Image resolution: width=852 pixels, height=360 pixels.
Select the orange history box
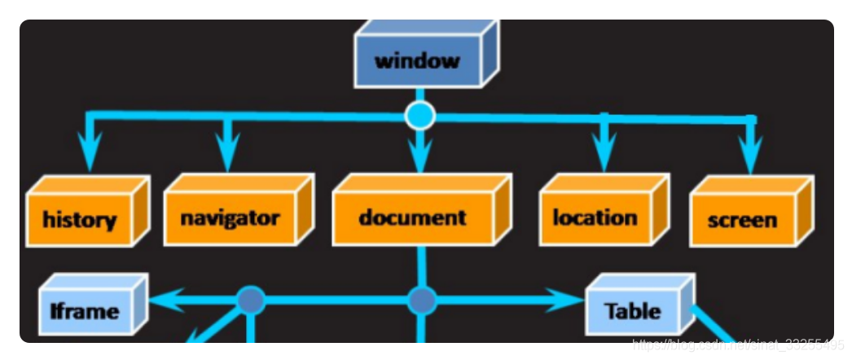(x=79, y=219)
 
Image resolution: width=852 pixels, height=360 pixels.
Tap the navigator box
(x=229, y=217)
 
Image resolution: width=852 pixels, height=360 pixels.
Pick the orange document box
(x=412, y=217)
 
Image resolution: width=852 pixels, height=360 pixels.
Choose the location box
(x=595, y=217)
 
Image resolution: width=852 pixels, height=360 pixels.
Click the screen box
(x=741, y=220)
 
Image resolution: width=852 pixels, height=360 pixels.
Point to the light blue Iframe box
(x=85, y=310)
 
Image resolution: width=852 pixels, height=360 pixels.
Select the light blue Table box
(x=632, y=310)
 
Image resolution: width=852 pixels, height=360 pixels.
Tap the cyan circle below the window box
(x=420, y=116)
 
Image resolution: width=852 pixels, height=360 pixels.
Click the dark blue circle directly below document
(x=421, y=301)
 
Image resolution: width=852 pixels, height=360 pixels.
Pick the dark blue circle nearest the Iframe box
(x=250, y=301)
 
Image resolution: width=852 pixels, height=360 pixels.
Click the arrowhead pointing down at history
(x=90, y=153)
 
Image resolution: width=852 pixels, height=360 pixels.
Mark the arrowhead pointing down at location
(x=604, y=152)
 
